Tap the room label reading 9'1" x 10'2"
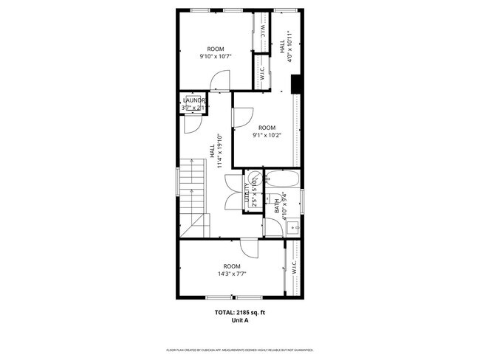[266, 135]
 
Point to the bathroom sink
[292, 227]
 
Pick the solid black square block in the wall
[296, 86]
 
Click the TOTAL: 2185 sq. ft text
[235, 313]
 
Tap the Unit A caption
[235, 321]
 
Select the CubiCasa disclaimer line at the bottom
[240, 350]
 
